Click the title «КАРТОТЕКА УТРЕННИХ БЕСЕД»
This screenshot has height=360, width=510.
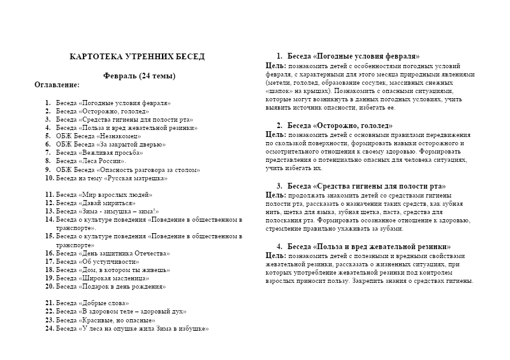pyautogui.click(x=137, y=57)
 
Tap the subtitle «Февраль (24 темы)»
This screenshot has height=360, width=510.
pyautogui.click(x=139, y=76)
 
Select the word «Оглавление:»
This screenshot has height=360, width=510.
pyautogui.click(x=57, y=84)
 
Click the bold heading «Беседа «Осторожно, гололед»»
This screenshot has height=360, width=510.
pyautogui.click(x=340, y=126)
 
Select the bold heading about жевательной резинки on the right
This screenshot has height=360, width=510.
pyautogui.click(x=369, y=247)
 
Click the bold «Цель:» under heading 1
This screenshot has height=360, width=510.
pyautogui.click(x=275, y=66)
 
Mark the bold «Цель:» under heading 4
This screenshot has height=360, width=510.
pyautogui.click(x=275, y=255)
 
